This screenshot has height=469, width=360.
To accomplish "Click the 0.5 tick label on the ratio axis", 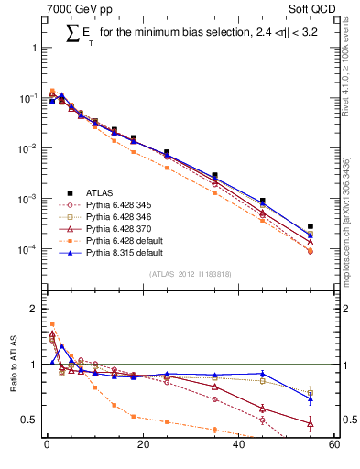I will pyautogui.click(x=29, y=420).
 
